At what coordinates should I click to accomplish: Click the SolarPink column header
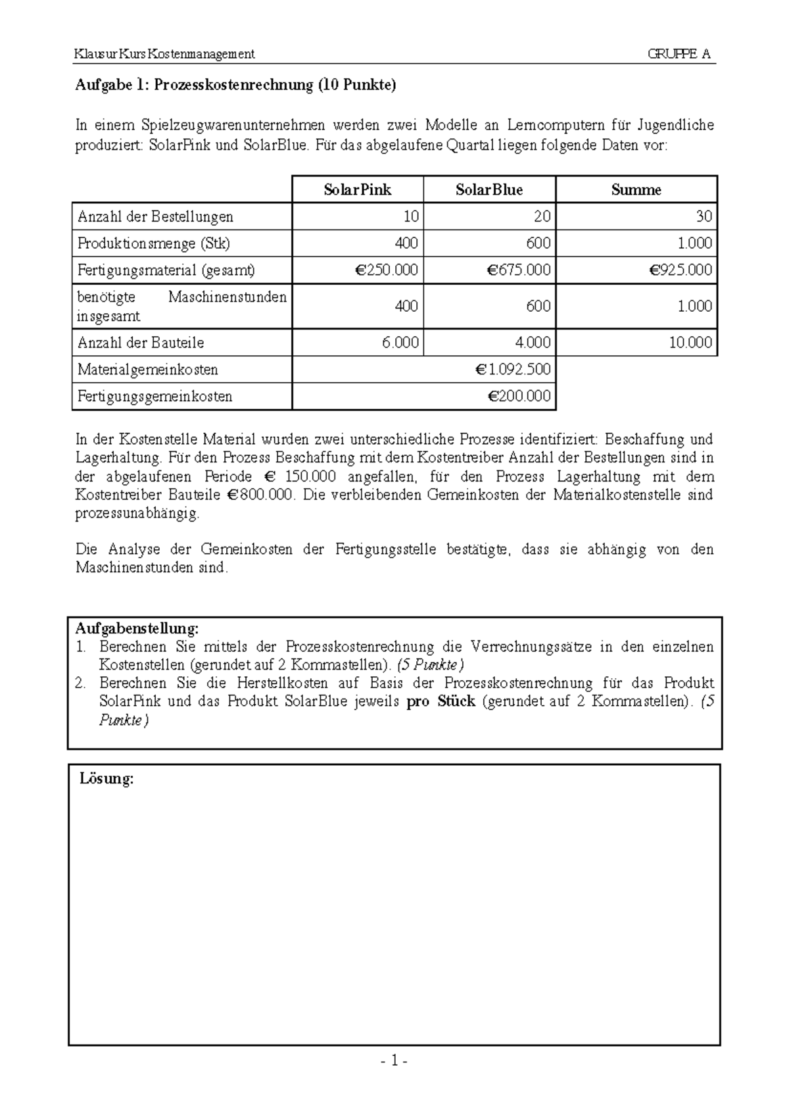point(357,190)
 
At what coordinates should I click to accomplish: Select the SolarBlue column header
point(489,190)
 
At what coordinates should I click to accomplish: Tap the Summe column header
point(636,190)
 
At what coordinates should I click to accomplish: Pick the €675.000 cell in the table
point(519,270)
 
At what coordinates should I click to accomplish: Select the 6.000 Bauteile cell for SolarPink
point(400,343)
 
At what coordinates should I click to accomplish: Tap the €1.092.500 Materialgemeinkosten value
point(513,370)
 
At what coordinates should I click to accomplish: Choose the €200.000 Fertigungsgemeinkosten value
point(519,397)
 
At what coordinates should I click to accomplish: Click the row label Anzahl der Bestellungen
point(155,216)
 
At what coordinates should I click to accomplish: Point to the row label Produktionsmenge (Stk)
point(154,243)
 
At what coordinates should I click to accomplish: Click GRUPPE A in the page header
point(679,54)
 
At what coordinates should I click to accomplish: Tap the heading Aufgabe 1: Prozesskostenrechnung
point(236,86)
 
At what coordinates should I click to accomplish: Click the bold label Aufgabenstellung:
point(137,628)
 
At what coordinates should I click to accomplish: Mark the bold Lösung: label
point(107,779)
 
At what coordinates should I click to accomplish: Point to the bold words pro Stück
point(441,701)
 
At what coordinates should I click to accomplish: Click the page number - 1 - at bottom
point(394,1060)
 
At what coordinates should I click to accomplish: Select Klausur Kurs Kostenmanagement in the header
point(165,54)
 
